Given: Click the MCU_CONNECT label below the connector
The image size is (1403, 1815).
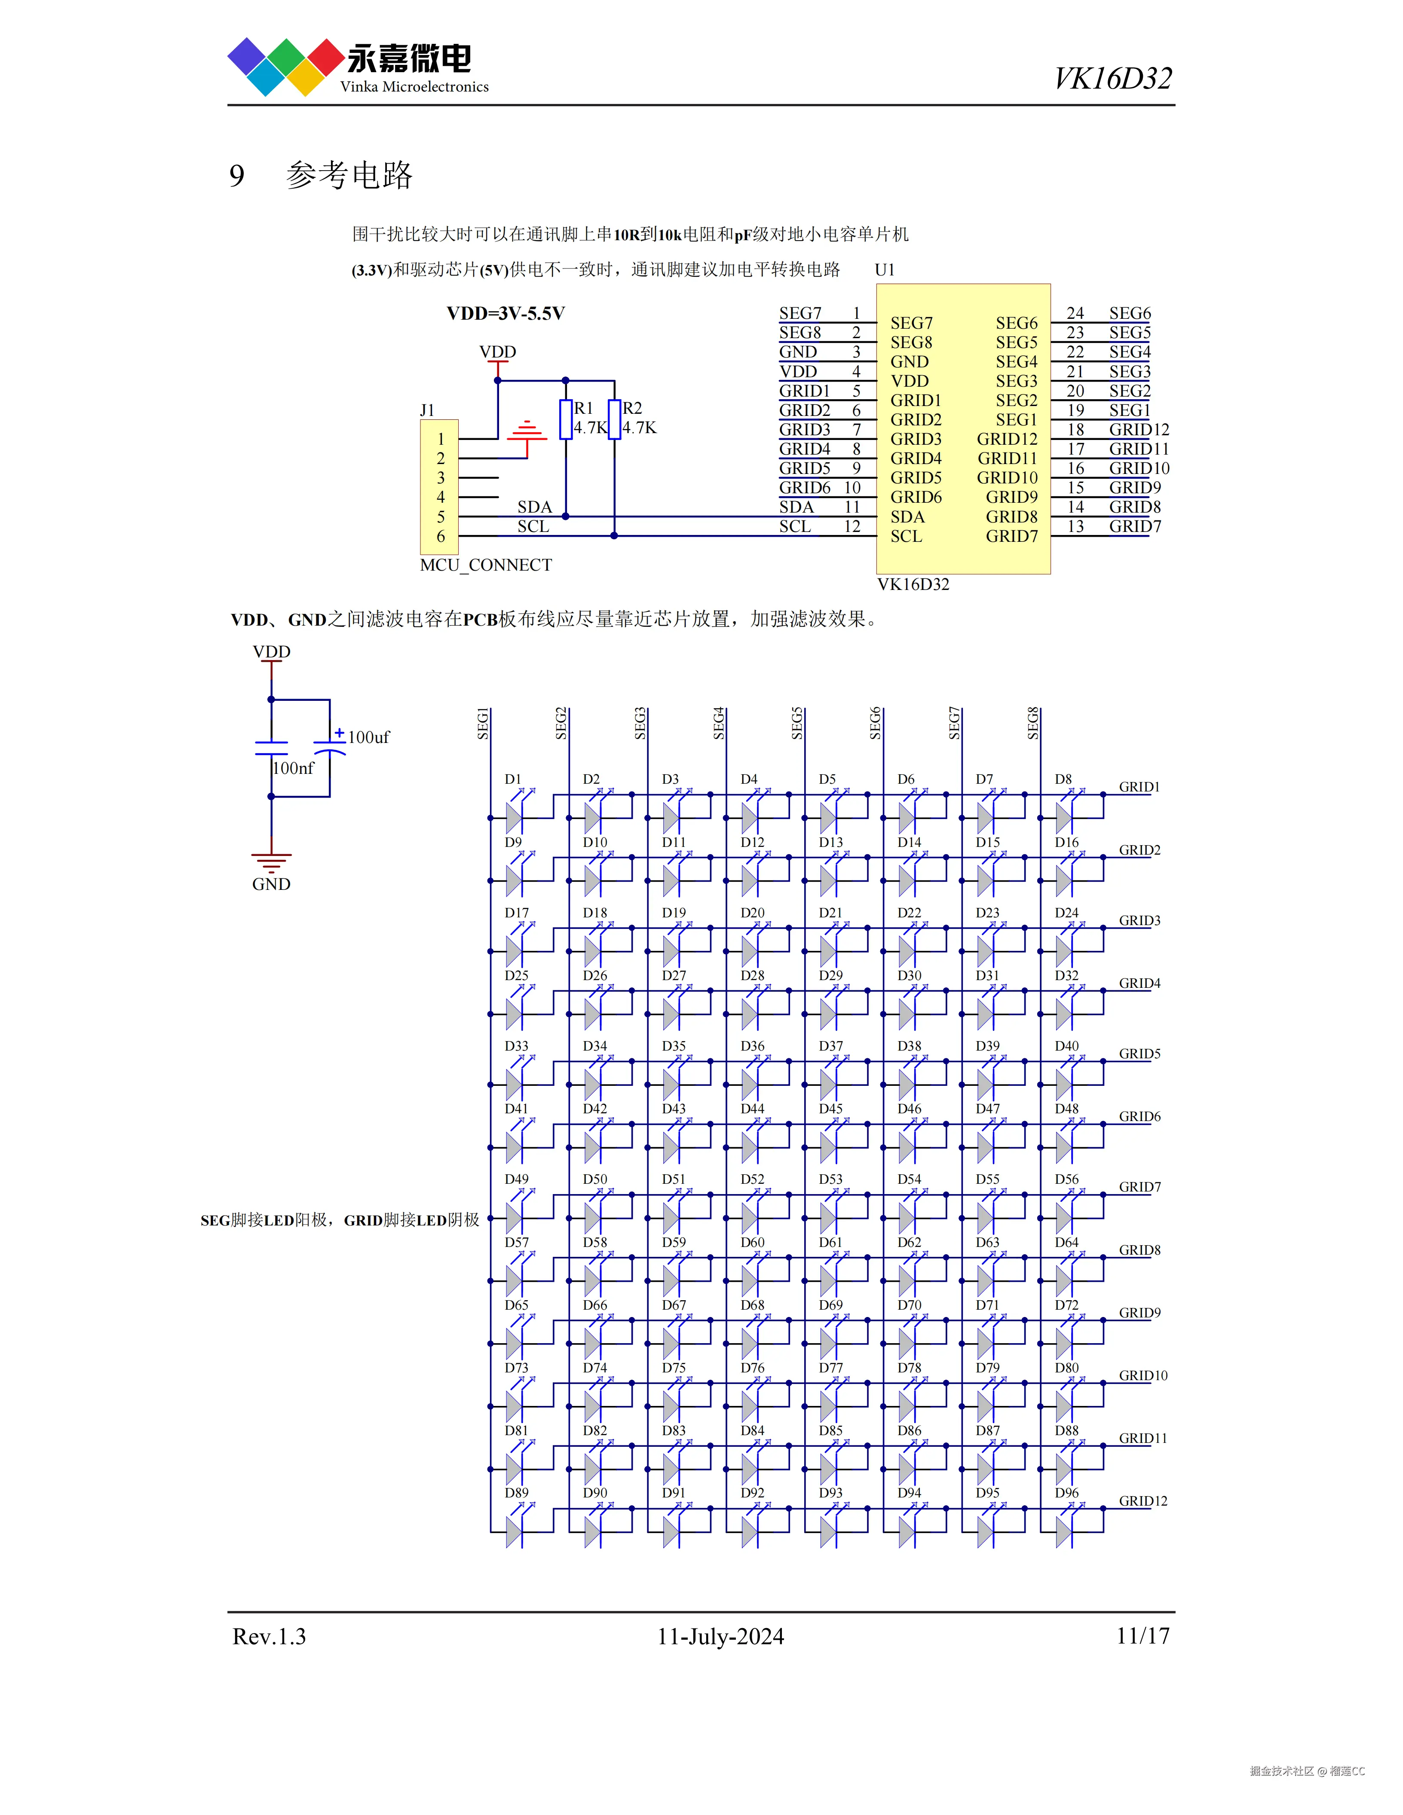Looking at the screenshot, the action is (486, 565).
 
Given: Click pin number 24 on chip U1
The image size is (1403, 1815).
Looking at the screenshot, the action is (1075, 313).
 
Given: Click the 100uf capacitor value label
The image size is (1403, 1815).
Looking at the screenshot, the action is (368, 737).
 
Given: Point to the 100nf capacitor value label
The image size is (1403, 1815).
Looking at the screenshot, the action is (294, 768).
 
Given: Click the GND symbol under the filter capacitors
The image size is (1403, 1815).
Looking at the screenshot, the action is (271, 862).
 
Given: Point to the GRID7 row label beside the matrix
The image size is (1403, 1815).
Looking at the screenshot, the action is (1140, 1187).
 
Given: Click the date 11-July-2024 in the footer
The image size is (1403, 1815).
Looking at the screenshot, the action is (720, 1636).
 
